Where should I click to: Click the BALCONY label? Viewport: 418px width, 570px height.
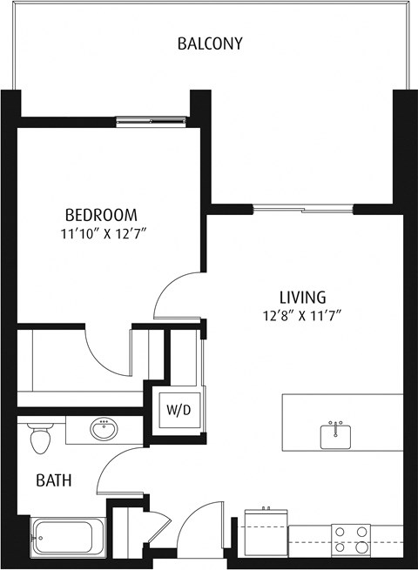(209, 43)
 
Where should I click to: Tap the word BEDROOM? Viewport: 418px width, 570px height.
(101, 215)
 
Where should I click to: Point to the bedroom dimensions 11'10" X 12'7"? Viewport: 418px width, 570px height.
(101, 233)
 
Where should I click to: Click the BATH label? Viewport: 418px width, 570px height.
(53, 479)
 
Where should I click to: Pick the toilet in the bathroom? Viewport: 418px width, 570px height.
(39, 438)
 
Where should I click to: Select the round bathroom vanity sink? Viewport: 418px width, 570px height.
(105, 429)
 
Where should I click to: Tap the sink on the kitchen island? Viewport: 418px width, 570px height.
(336, 435)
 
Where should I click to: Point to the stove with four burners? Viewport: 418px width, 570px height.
(350, 540)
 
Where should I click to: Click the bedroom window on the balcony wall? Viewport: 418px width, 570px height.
(153, 122)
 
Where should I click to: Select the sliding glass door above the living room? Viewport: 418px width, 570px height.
(303, 209)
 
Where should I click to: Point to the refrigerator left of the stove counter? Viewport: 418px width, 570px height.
(266, 533)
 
